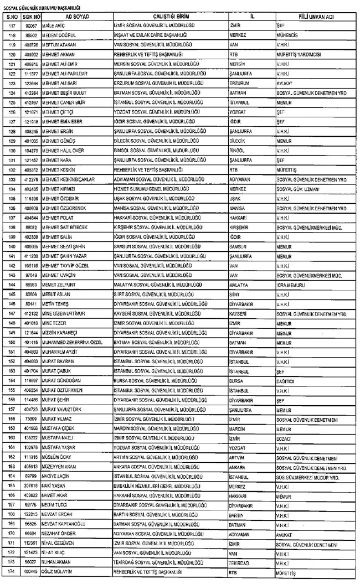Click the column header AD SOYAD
tap(74, 17)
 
